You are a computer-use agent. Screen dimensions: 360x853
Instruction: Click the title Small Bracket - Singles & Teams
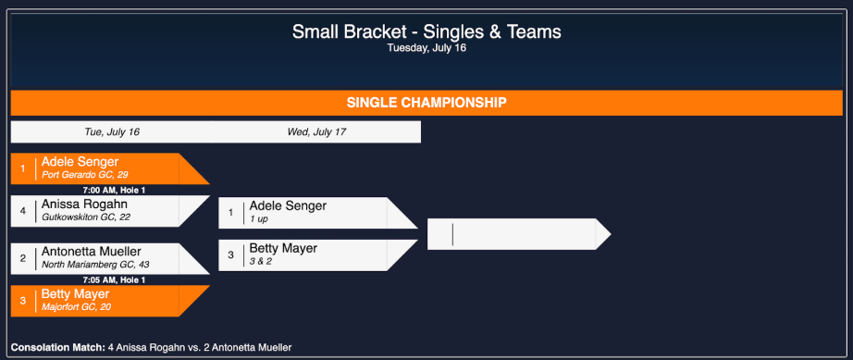point(426,31)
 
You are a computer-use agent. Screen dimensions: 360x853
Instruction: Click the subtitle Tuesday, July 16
point(426,48)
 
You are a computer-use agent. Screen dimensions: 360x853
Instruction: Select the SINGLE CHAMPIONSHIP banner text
point(426,103)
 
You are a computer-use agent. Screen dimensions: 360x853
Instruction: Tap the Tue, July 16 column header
point(112,132)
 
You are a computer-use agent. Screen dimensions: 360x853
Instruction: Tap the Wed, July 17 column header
point(316,132)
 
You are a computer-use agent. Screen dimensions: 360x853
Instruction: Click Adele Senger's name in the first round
point(80,161)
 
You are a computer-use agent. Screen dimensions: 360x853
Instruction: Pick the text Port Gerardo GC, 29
point(85,175)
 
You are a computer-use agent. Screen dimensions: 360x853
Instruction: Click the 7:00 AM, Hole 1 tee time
point(108,190)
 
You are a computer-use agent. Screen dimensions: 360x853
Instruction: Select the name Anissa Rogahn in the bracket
point(84,204)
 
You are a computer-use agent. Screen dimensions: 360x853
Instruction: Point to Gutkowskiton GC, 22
point(86,217)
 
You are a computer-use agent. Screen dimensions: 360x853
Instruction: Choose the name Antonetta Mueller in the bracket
point(92,252)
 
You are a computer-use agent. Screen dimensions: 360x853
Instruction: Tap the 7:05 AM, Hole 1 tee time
point(108,279)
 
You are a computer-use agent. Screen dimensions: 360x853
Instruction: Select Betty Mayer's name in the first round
point(75,294)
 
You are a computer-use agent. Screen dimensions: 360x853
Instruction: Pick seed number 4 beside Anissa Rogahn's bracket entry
point(23,211)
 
